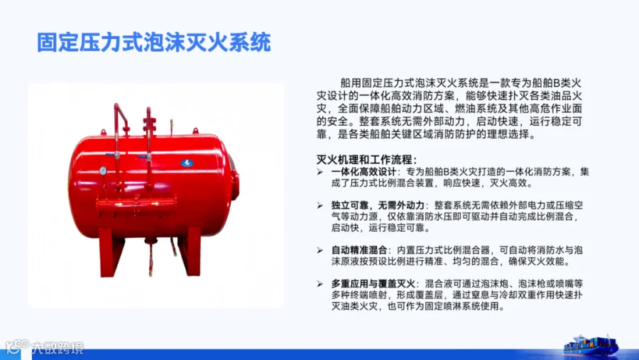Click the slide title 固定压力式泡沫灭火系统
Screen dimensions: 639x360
154,43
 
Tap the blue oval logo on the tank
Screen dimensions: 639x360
187,163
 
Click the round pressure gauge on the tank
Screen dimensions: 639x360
103,171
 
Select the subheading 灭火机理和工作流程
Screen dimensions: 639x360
366,160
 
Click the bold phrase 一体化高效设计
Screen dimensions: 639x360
364,172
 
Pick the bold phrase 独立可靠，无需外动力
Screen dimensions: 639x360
378,205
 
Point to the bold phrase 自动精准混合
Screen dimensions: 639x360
359,250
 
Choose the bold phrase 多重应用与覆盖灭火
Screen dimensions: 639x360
373,283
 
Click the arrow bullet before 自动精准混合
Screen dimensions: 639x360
320,251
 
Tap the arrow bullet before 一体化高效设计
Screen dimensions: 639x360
320,172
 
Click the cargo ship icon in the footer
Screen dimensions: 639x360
591,345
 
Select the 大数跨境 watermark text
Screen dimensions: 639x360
58,348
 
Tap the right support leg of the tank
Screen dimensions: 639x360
190,251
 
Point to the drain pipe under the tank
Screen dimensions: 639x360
151,257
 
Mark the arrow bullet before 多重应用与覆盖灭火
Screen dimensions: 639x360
320,284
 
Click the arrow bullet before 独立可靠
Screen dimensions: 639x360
320,205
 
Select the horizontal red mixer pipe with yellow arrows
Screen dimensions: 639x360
136,204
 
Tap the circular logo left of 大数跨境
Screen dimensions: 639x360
16,347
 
